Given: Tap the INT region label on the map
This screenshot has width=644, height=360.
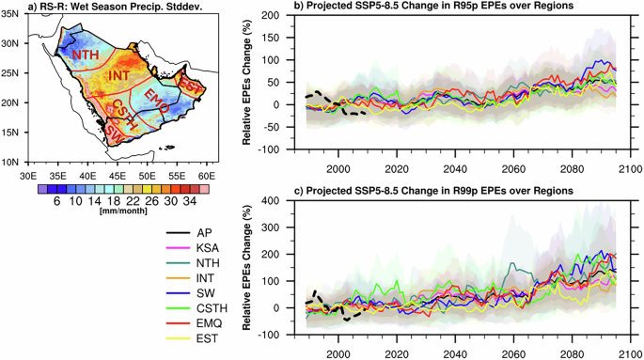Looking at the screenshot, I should click(119, 75).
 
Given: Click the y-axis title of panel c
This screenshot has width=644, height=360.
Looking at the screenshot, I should click(248, 268).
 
